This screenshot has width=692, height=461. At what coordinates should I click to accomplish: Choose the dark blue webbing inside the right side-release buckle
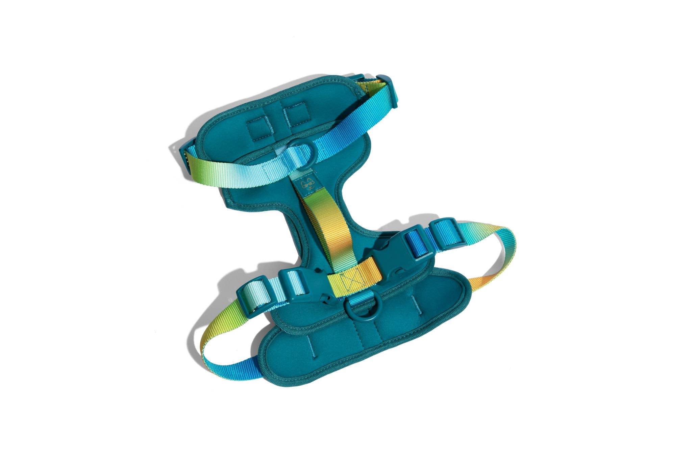coord(414,239)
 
